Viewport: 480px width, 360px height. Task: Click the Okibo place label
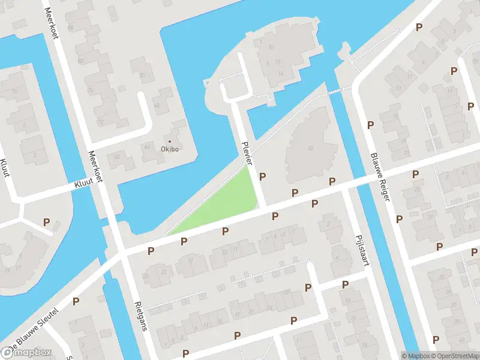point(170,149)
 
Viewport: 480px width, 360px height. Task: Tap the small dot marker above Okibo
point(170,142)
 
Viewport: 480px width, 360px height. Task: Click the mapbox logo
point(26,352)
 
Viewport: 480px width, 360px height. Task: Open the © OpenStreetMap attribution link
point(453,356)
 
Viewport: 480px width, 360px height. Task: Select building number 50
point(310,148)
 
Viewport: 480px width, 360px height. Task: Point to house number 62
point(116,157)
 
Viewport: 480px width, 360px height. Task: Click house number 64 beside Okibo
point(146,146)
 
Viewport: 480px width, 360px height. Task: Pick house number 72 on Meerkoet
point(100,122)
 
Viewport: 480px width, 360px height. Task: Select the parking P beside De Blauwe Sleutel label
point(76,301)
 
